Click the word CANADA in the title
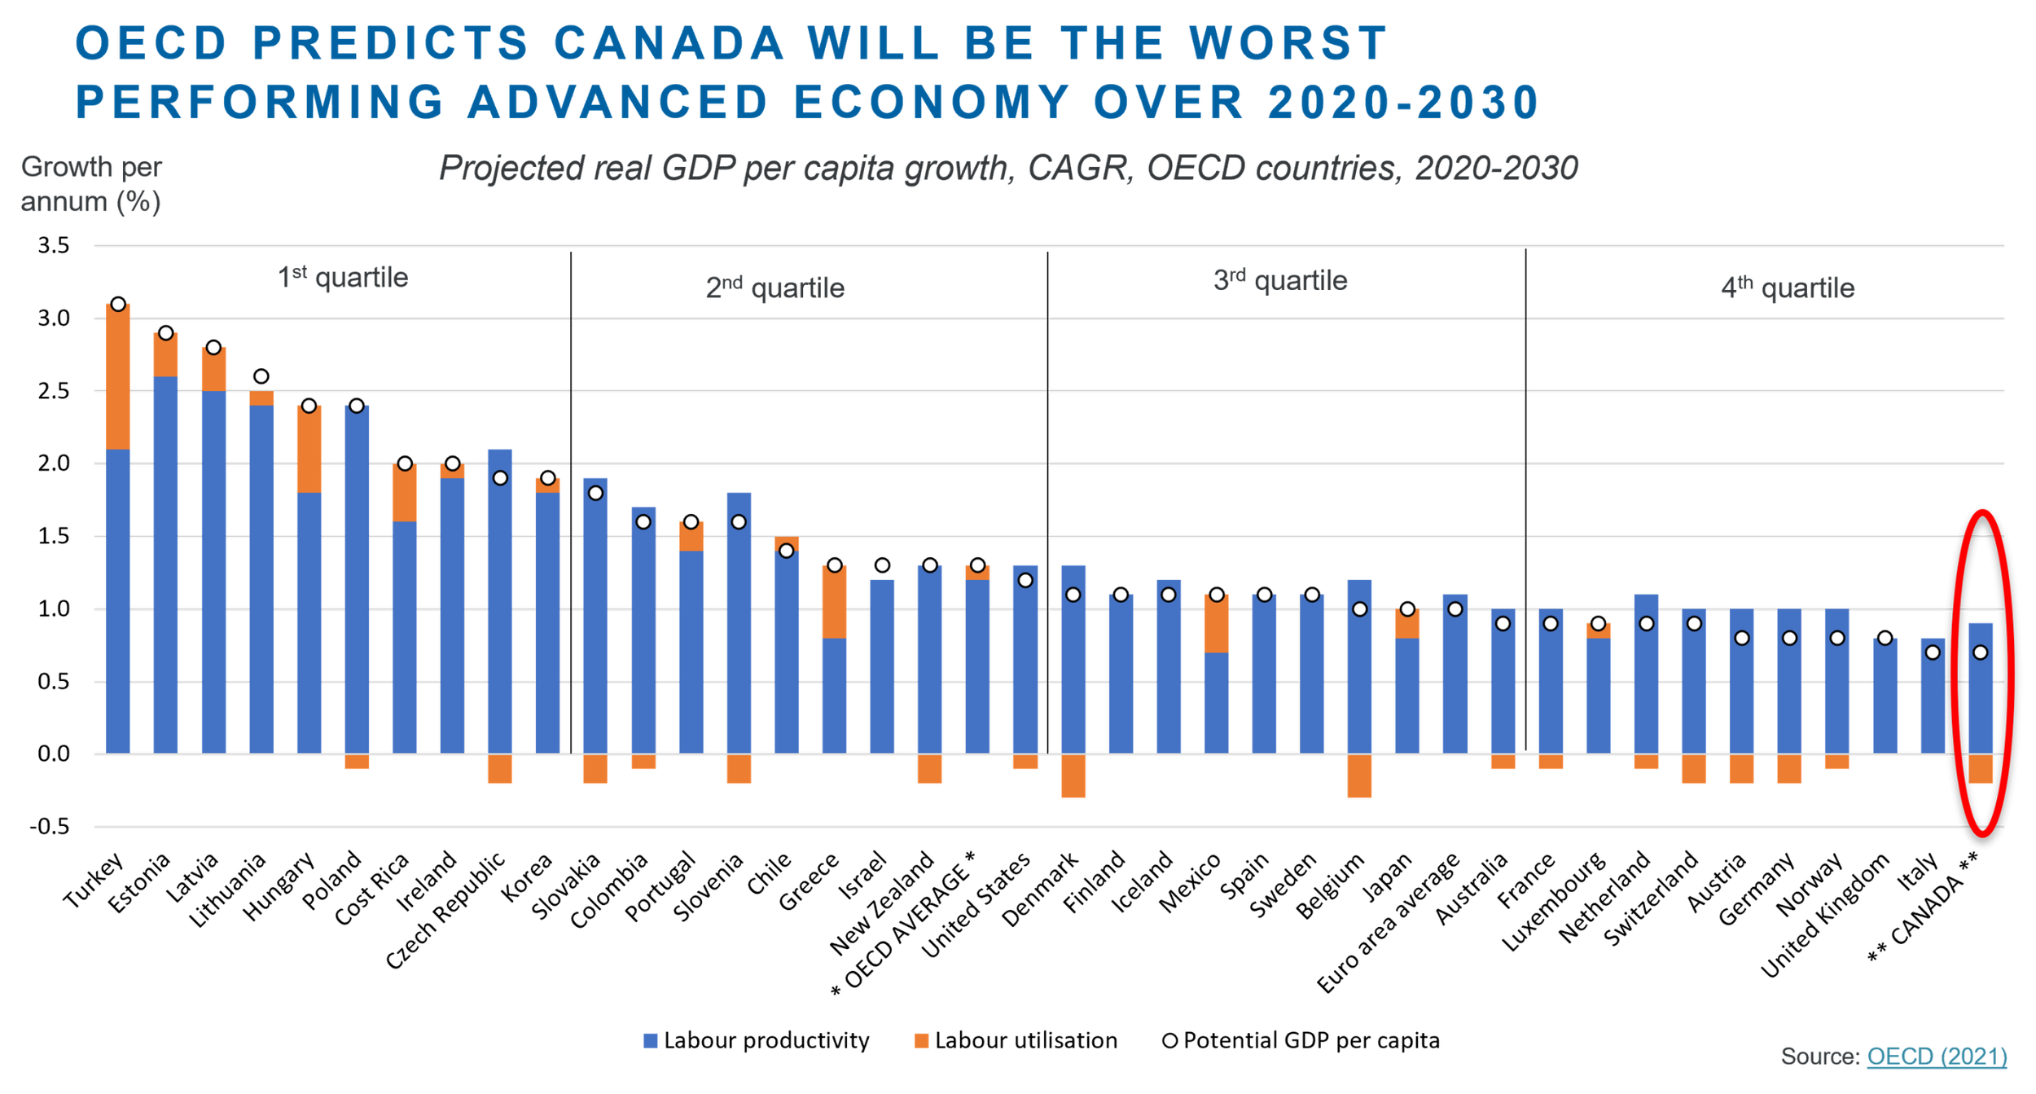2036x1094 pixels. pyautogui.click(x=669, y=43)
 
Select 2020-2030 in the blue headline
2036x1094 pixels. pyautogui.click(x=1402, y=103)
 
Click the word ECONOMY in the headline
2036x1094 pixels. pyautogui.click(x=931, y=103)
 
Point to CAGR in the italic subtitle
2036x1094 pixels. pyautogui.click(x=1077, y=169)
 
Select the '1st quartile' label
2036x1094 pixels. pyautogui.click(x=344, y=278)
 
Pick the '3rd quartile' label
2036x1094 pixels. pyautogui.click(x=1280, y=279)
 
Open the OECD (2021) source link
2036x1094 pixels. pyautogui.click(x=1936, y=1057)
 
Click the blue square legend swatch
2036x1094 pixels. pyautogui.click(x=651, y=1051)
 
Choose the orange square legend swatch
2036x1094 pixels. pyautogui.click(x=922, y=1051)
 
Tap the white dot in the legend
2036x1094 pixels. pyautogui.click(x=1169, y=1040)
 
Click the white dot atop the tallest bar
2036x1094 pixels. pyautogui.click(x=118, y=305)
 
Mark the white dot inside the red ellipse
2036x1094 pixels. pyautogui.click(x=1980, y=652)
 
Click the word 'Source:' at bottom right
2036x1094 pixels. pyautogui.click(x=1820, y=1057)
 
